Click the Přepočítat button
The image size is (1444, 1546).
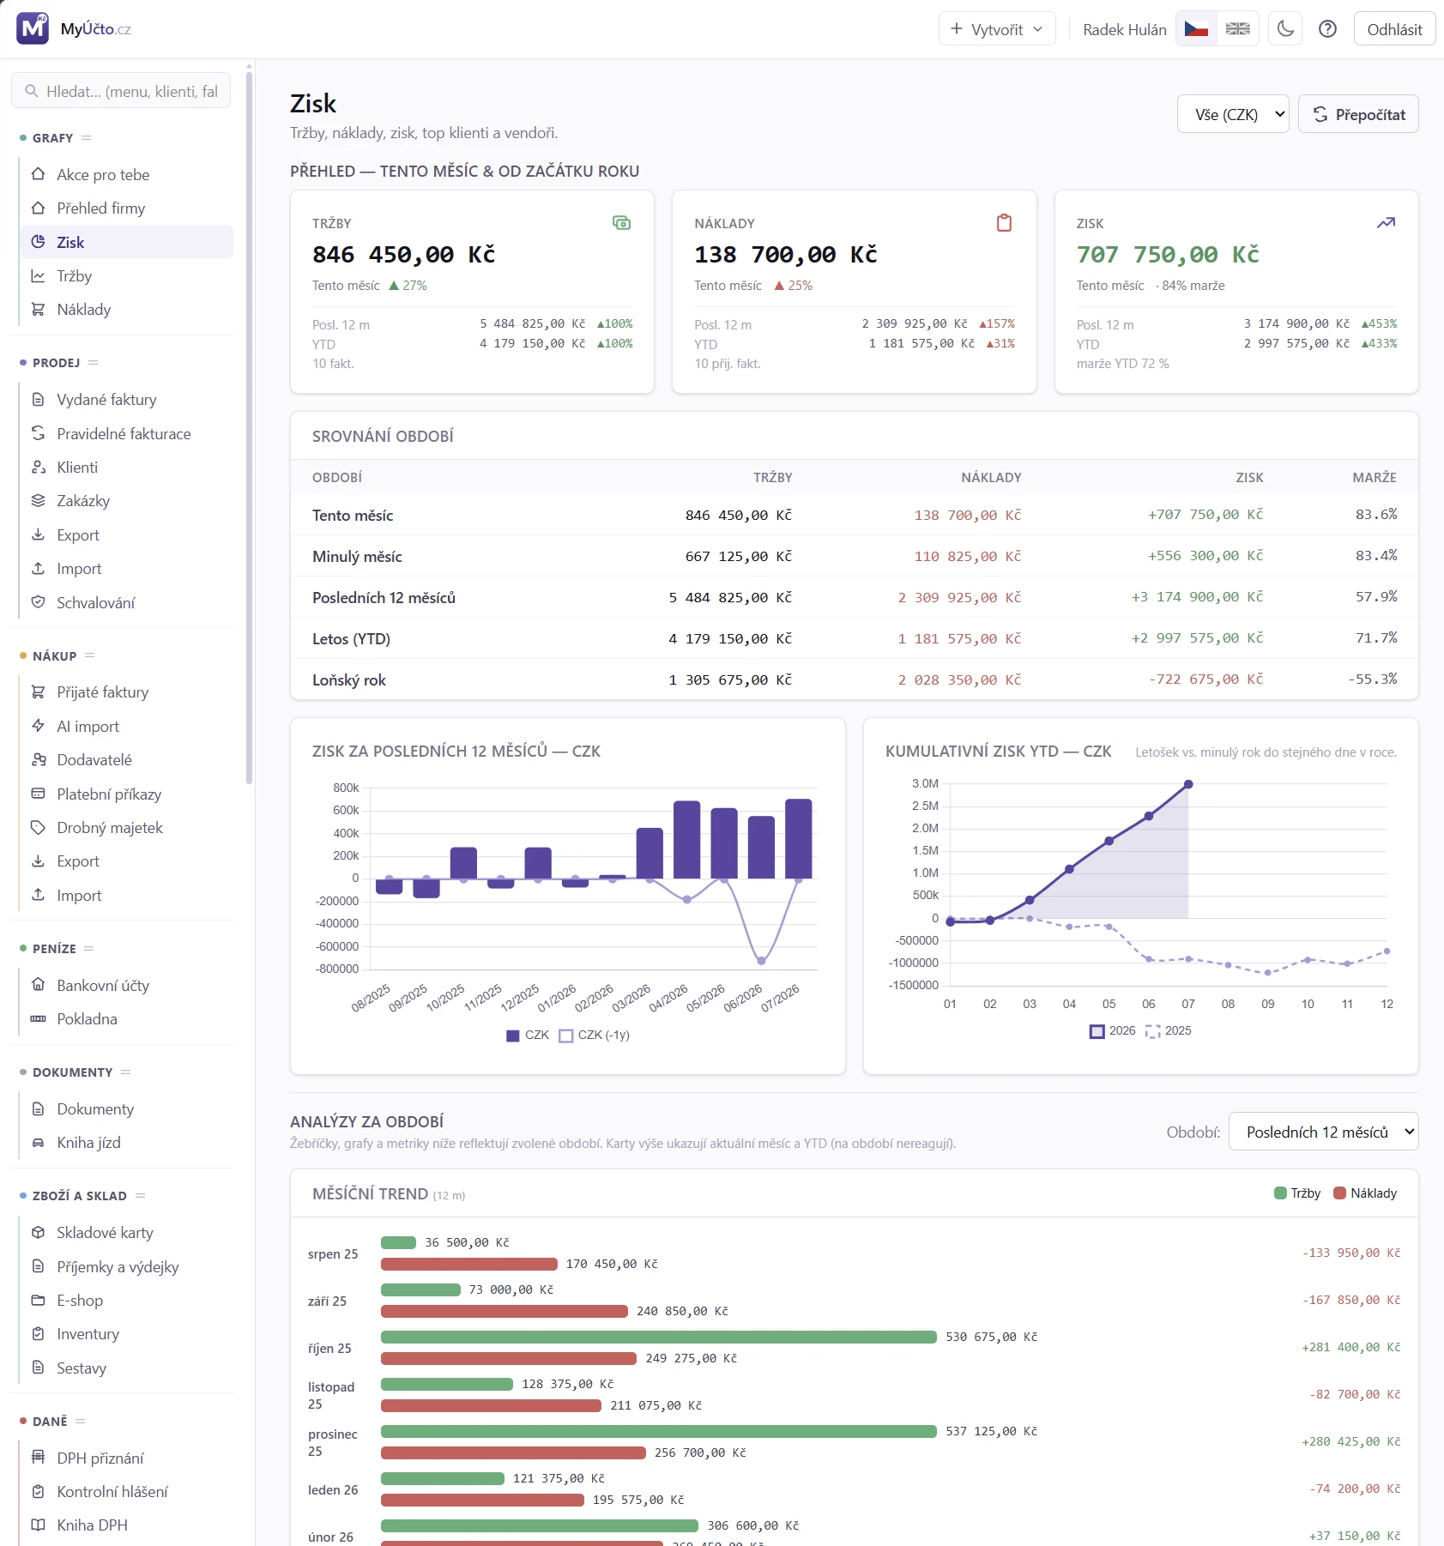[x=1358, y=114]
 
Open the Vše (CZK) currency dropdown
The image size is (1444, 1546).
[x=1233, y=114]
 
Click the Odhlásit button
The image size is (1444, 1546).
[x=1394, y=29]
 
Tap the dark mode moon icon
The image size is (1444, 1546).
[x=1285, y=29]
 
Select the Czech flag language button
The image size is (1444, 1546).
[x=1196, y=29]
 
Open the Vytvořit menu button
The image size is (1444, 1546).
[x=997, y=29]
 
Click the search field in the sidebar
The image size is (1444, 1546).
[x=121, y=91]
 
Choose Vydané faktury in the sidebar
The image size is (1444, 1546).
[x=106, y=400]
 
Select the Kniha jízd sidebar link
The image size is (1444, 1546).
[x=88, y=1143]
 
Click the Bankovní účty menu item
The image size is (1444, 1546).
[x=103, y=986]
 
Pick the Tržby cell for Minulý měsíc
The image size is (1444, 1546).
[x=738, y=556]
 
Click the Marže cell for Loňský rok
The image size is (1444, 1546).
[x=1372, y=679]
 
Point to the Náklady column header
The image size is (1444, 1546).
[x=991, y=478]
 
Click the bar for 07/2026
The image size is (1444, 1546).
[x=798, y=839]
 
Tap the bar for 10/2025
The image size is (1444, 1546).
[x=463, y=863]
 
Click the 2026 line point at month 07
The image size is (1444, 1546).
[x=1188, y=784]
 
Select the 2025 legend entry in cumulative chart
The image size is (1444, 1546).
[x=1169, y=1031]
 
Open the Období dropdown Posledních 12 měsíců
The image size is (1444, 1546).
[x=1323, y=1132]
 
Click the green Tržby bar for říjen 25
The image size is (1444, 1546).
[x=658, y=1337]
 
